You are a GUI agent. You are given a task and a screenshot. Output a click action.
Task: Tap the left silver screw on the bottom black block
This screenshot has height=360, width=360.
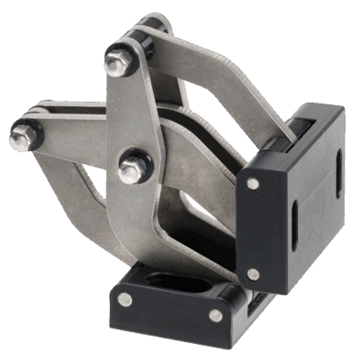coord(124,298)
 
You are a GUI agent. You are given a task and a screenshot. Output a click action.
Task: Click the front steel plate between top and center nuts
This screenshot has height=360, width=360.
coord(126,112)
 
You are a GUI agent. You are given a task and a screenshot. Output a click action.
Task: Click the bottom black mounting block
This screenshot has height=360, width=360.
coord(171,306)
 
